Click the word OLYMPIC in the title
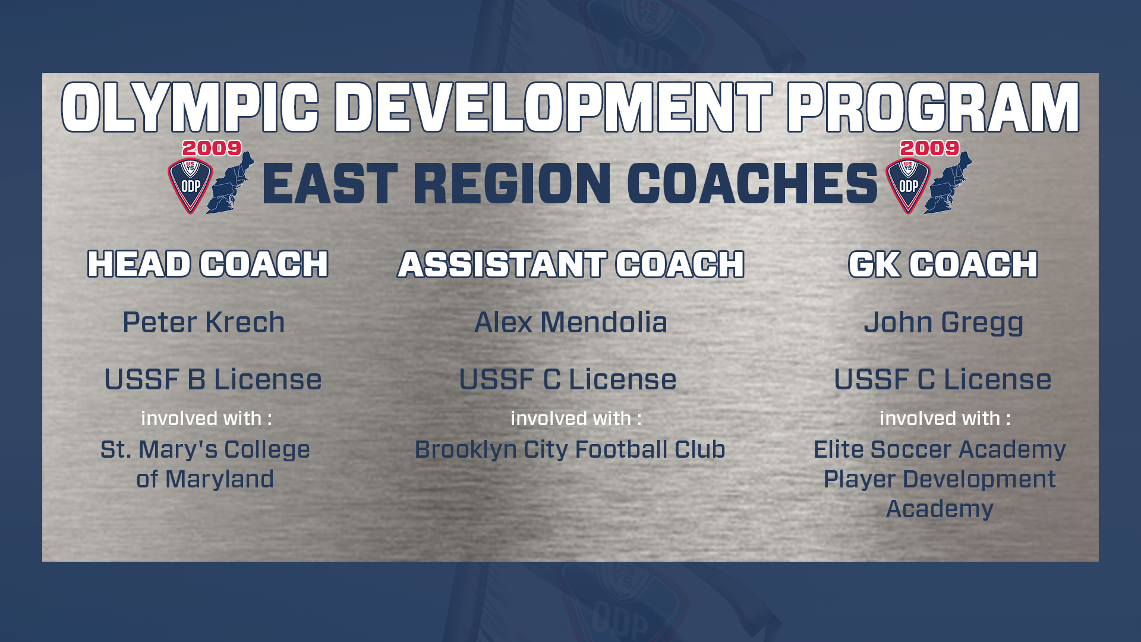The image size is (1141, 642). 190,107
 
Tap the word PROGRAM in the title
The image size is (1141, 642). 934,107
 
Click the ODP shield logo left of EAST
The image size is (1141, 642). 190,186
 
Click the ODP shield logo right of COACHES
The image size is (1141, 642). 908,186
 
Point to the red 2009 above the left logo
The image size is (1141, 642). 212,148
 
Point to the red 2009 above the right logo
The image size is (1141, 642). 929,148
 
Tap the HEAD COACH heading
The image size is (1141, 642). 208,264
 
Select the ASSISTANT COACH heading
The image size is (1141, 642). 570,264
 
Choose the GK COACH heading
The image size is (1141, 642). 943,264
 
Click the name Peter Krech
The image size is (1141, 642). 204,322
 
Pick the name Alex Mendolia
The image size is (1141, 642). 570,322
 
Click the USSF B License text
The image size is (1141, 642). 213,379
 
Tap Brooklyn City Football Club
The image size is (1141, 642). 570,450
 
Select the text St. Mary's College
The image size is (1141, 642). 205,450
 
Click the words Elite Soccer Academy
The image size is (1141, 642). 940,450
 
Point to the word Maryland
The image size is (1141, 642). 219,480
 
